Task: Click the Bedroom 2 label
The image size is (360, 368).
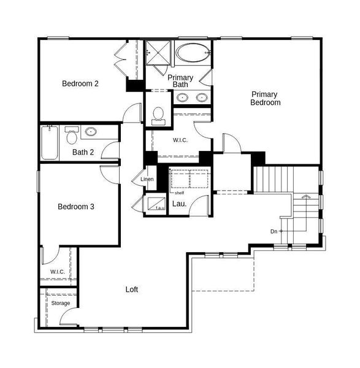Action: (x=80, y=83)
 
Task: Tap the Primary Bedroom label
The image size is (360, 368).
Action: (x=265, y=98)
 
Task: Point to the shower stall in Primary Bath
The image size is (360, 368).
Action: (x=158, y=52)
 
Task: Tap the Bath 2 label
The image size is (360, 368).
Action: (x=83, y=152)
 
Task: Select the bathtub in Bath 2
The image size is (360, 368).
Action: (x=50, y=143)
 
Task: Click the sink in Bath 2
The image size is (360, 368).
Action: (x=91, y=131)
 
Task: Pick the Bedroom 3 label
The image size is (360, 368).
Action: (x=76, y=207)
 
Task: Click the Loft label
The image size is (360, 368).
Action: (x=132, y=289)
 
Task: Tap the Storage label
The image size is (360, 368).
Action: (x=60, y=303)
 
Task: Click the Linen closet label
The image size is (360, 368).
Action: (x=147, y=179)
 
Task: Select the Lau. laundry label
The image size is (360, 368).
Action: (x=179, y=204)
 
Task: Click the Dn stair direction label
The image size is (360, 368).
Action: (x=274, y=231)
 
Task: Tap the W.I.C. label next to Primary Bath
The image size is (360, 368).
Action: (x=180, y=140)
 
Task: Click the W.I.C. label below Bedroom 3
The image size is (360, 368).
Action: (x=57, y=271)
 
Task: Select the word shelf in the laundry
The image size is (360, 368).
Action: (x=179, y=193)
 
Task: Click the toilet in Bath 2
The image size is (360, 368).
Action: (x=72, y=132)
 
